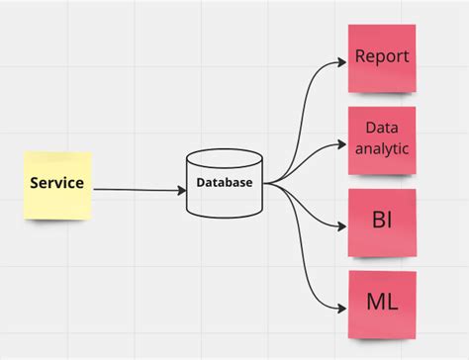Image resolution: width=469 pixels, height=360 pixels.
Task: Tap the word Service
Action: (x=56, y=183)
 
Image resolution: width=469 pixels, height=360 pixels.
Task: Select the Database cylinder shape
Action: (x=225, y=194)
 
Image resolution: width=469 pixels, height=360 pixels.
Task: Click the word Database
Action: (x=225, y=183)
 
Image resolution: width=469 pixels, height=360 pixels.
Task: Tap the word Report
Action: (x=381, y=56)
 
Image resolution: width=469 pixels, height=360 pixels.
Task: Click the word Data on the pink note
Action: (x=381, y=128)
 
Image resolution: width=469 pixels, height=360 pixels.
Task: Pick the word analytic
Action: (x=381, y=149)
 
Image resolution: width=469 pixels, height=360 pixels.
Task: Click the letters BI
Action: (x=381, y=220)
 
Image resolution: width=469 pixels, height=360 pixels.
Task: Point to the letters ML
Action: (x=381, y=303)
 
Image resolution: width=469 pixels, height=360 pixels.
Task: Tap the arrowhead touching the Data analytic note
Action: (x=342, y=140)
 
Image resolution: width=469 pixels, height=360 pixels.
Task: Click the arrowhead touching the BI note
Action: (x=342, y=223)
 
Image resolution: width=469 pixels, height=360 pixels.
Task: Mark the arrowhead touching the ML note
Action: (x=342, y=305)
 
